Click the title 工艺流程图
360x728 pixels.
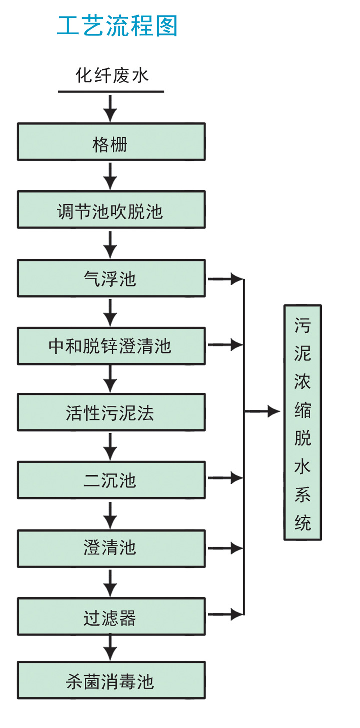pyautogui.click(x=117, y=26)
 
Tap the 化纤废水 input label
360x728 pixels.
pyautogui.click(x=112, y=76)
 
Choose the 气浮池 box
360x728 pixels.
pyautogui.click(x=111, y=278)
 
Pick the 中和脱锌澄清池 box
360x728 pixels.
pyautogui.click(x=111, y=346)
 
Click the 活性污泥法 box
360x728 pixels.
pyautogui.click(x=111, y=412)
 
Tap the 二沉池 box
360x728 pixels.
pyautogui.click(x=111, y=480)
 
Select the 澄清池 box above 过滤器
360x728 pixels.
pyautogui.click(x=111, y=548)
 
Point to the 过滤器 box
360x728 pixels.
pyautogui.click(x=111, y=616)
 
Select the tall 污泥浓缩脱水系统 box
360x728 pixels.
pyautogui.click(x=302, y=422)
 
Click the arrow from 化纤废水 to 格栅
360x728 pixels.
pyautogui.click(x=110, y=107)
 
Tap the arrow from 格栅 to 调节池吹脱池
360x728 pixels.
pyautogui.click(x=110, y=175)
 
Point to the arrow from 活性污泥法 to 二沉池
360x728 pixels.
pyautogui.click(x=110, y=446)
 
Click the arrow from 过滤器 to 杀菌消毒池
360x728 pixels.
pyautogui.click(x=110, y=647)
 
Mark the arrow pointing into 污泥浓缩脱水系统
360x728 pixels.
pyautogui.click(x=263, y=411)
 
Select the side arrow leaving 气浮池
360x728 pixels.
pyautogui.click(x=225, y=279)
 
